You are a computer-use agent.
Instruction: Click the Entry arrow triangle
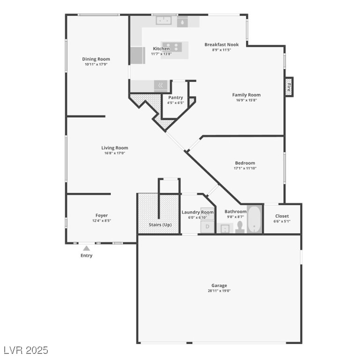[x=86, y=248]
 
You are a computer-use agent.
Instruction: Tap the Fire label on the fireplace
[x=289, y=87]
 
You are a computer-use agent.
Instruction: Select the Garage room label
[x=219, y=285]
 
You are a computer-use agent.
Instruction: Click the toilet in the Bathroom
[x=240, y=227]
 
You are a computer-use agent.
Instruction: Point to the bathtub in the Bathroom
[x=255, y=219]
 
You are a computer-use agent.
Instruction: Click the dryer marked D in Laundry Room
[x=207, y=227]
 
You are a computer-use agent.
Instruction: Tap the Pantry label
[x=175, y=97]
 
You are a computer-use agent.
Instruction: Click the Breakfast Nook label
[x=221, y=45]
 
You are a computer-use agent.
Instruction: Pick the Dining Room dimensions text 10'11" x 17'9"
[x=96, y=65]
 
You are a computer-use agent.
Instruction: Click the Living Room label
[x=114, y=148]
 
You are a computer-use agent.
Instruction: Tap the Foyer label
[x=102, y=216]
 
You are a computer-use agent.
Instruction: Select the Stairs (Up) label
[x=160, y=225]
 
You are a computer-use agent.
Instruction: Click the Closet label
[x=282, y=216]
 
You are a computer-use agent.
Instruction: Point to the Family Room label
[x=246, y=95]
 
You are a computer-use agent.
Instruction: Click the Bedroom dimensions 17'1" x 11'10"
[x=245, y=168]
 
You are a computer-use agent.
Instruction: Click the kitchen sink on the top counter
[x=164, y=21]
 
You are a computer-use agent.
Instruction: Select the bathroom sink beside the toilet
[x=225, y=228]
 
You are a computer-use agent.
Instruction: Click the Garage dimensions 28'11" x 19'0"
[x=219, y=291]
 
